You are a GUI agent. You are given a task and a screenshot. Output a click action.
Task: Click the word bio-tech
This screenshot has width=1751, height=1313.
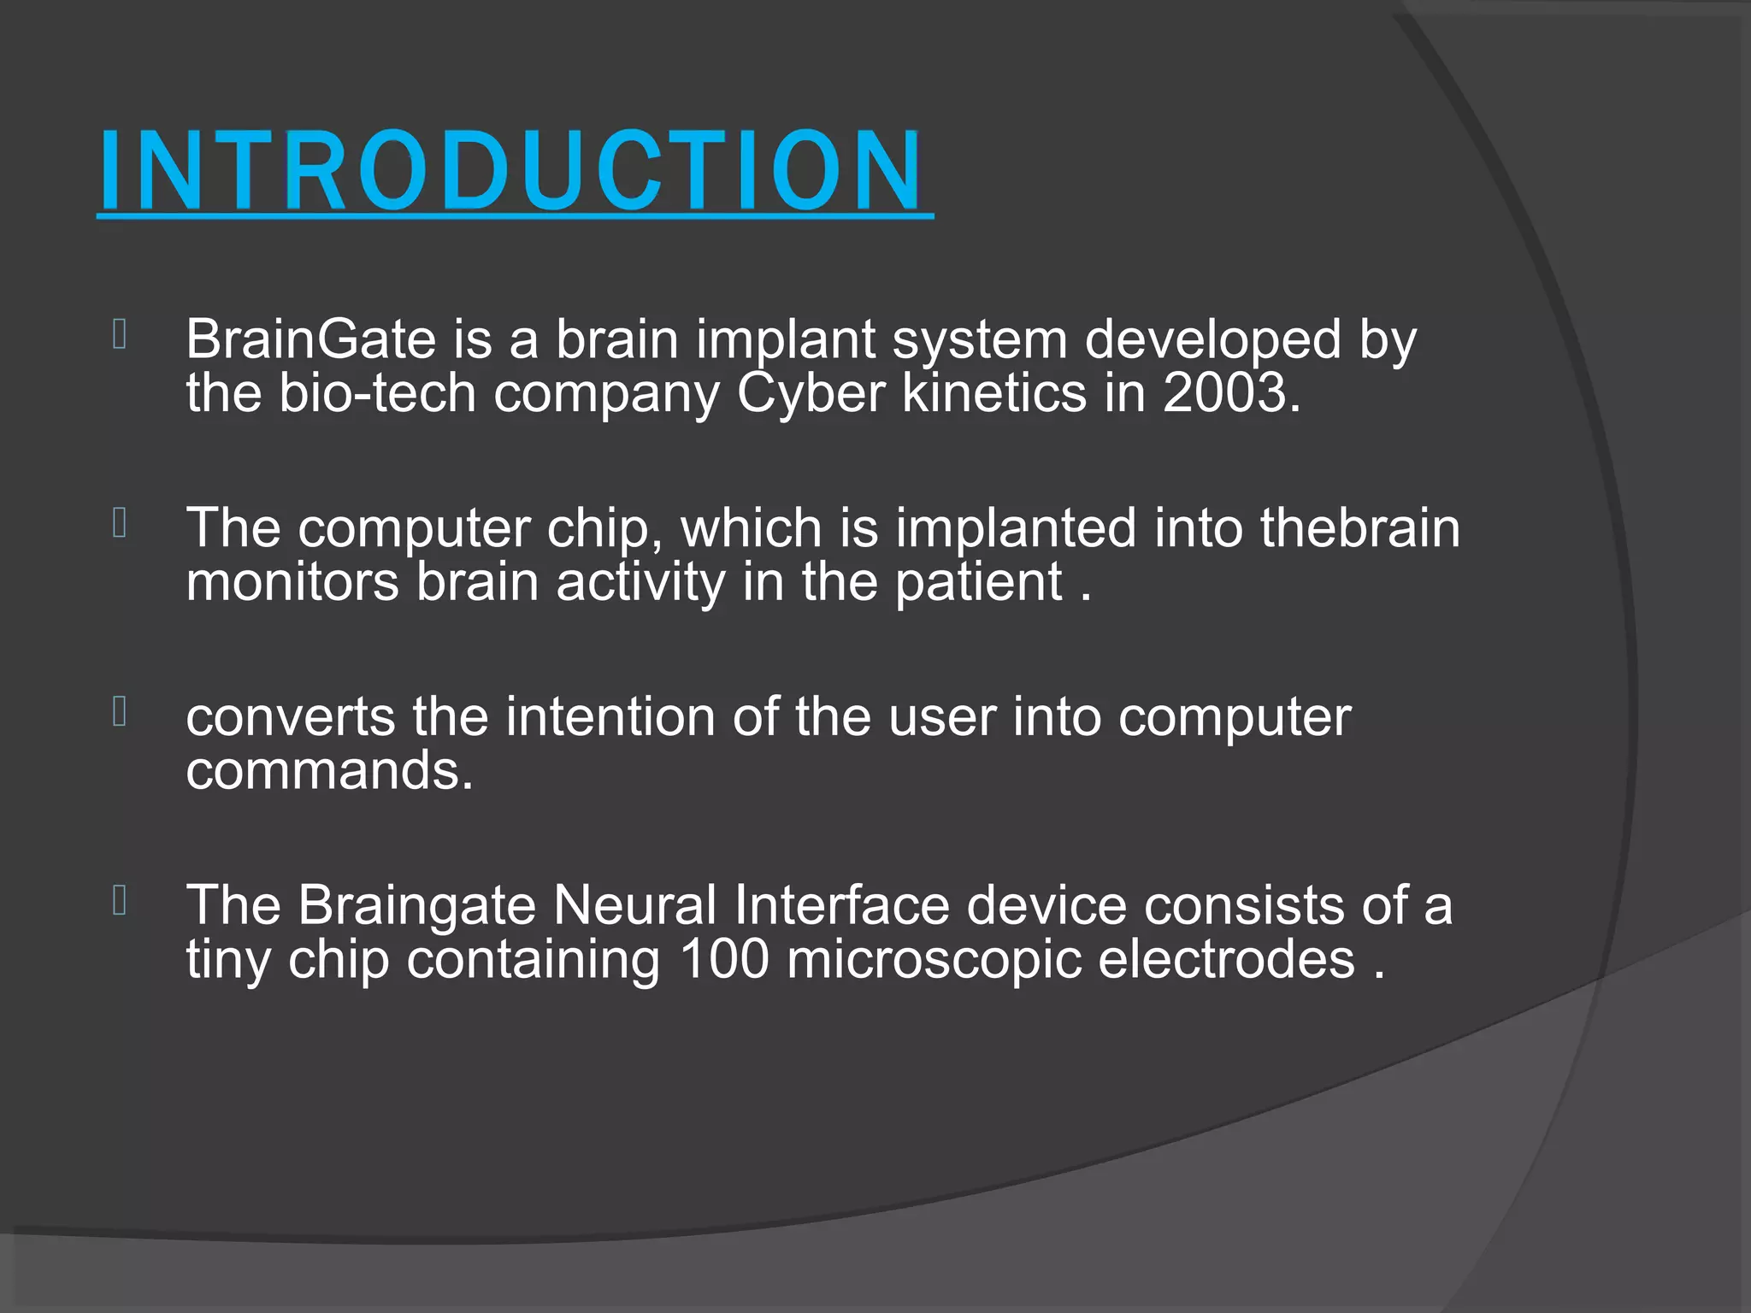[377, 393]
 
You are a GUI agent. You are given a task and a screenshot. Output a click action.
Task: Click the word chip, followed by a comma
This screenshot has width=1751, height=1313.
[604, 529]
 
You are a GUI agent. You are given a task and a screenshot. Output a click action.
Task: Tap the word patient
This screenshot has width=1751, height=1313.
[978, 584]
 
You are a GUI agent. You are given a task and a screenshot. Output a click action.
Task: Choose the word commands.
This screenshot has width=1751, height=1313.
[329, 770]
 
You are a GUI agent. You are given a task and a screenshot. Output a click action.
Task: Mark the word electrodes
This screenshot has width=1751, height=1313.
[1226, 959]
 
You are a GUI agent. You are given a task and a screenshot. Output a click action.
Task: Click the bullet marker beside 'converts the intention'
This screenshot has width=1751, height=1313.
[120, 711]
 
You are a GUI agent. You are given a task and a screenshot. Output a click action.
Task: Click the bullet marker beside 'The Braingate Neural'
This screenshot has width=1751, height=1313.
[120, 900]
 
